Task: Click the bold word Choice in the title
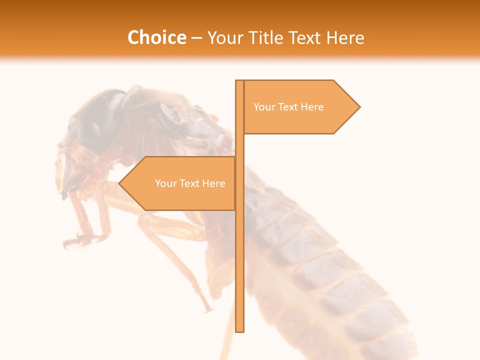tap(156, 37)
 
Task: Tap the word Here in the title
tap(345, 37)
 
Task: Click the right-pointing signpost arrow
tap(300, 107)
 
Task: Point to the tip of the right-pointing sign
tap(359, 107)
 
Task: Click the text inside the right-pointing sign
tap(288, 107)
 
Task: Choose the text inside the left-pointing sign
tap(190, 183)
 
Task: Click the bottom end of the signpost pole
tap(240, 330)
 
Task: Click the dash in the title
tap(196, 37)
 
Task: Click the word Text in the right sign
tap(288, 107)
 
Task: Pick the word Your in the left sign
tap(165, 183)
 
